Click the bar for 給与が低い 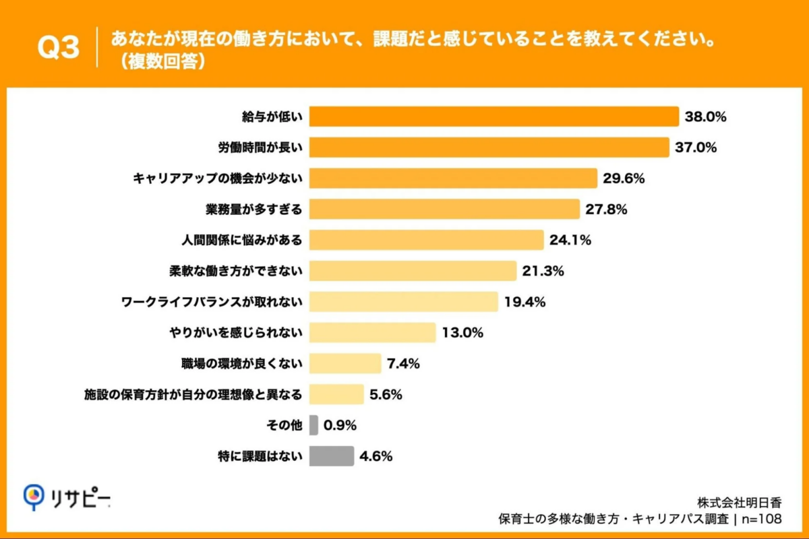coord(493,117)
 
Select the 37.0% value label coord(696,148)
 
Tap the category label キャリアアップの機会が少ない coord(217,179)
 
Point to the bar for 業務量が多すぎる coord(444,209)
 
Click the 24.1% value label coord(570,240)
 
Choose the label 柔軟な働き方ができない coord(235,271)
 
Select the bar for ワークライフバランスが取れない coord(403,301)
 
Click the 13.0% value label coord(462,332)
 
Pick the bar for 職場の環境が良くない coord(345,363)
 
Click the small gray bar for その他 coord(313,425)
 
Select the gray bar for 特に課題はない coord(331,456)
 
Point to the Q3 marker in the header coord(58,48)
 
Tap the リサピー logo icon coord(33,497)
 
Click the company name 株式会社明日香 coord(739,503)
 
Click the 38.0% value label coord(705,117)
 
